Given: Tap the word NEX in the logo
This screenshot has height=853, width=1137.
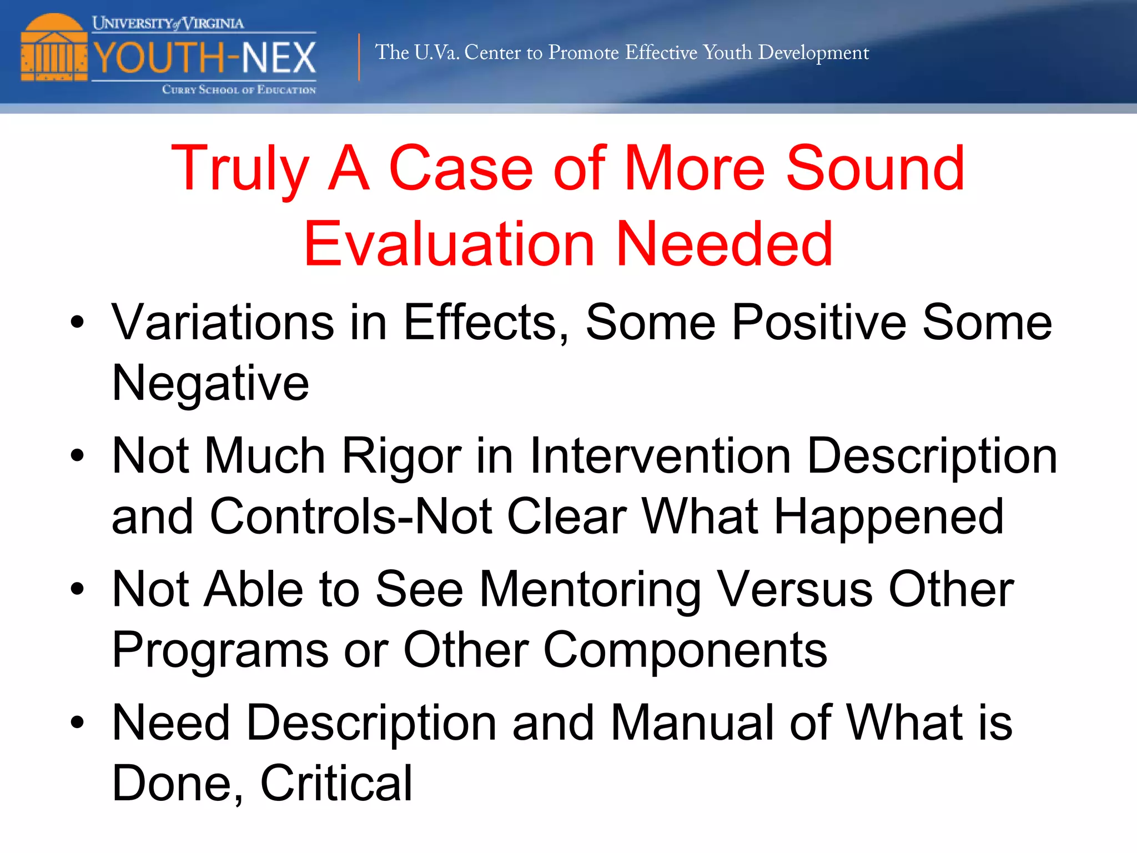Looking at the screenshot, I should coord(279,58).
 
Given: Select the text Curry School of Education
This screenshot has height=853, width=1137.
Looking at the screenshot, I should coord(239,89).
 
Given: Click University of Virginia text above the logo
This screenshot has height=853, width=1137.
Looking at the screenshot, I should coord(168,23).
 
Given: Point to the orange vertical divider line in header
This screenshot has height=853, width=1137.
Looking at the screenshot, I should coord(359,57).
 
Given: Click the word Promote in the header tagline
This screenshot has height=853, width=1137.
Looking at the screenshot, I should coord(583,52).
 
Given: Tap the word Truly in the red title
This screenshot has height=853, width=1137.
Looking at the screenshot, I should coord(240,168).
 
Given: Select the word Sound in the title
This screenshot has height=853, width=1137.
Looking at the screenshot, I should coord(876,168).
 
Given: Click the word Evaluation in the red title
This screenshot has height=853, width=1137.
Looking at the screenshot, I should coord(450,244).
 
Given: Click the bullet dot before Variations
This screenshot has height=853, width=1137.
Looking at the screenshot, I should coord(77,322).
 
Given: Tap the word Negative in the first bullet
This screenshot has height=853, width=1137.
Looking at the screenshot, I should coord(210,383).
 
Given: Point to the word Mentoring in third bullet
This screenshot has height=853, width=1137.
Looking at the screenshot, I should coord(590,590).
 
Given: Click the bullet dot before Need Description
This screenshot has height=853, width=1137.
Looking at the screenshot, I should coord(77,722).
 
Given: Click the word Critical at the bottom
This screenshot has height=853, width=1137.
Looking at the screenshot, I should coord(336,783).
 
